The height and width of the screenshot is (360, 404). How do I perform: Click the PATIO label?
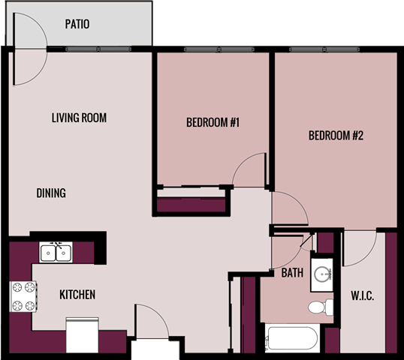[77, 24]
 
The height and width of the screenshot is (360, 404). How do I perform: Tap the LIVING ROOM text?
[79, 118]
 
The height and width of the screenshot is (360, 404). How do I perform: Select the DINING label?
[51, 193]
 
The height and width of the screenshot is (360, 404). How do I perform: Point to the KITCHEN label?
[77, 295]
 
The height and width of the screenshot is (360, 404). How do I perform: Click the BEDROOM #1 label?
[213, 122]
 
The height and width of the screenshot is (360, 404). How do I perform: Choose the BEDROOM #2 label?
[336, 136]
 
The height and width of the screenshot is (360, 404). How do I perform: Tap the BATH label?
[292, 273]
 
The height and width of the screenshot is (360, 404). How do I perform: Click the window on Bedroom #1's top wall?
[213, 50]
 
